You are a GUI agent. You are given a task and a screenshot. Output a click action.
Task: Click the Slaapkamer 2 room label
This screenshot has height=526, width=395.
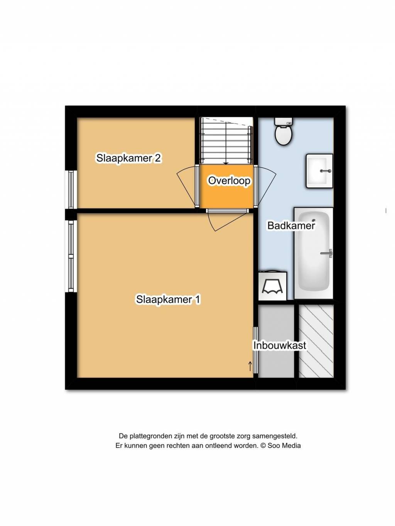click(x=128, y=158)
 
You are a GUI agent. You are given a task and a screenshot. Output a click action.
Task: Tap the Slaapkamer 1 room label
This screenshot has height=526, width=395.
click(x=168, y=299)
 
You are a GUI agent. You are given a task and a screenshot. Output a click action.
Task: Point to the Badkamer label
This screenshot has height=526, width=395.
click(x=291, y=225)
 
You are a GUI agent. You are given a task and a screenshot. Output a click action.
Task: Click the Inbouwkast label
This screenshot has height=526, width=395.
click(x=280, y=345)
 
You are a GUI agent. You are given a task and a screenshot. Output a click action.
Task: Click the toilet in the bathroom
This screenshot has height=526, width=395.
click(x=284, y=131)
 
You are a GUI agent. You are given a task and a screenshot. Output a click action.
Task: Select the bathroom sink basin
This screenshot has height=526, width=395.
click(x=319, y=171)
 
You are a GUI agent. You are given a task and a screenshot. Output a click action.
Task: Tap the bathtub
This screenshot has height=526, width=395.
click(x=314, y=253)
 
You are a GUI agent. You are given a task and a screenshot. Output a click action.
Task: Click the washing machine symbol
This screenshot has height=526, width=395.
click(x=273, y=286)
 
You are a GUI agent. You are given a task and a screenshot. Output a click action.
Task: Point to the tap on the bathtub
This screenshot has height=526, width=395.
click(x=327, y=253)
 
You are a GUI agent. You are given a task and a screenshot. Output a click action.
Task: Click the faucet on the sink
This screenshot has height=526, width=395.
click(x=326, y=171)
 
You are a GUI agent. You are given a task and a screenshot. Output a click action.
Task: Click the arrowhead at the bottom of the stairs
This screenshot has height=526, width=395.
click(x=226, y=163)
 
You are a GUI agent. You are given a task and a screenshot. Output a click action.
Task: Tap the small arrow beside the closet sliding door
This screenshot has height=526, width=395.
click(x=250, y=366)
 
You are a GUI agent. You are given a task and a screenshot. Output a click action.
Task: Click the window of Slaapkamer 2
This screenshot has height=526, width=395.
click(x=71, y=189)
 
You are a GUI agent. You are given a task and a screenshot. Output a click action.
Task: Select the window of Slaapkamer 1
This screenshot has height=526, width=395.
click(x=71, y=256)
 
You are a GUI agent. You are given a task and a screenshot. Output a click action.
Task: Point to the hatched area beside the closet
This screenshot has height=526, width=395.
click(x=316, y=341)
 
